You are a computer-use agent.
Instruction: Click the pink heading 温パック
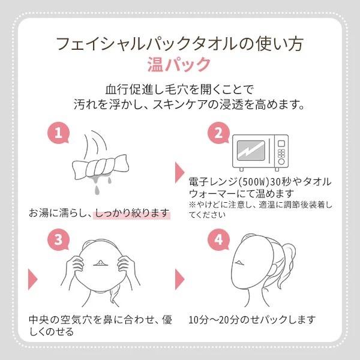click(x=179, y=63)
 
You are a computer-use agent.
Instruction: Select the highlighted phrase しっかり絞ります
click(x=132, y=213)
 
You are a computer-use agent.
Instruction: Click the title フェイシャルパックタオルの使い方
click(x=179, y=43)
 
